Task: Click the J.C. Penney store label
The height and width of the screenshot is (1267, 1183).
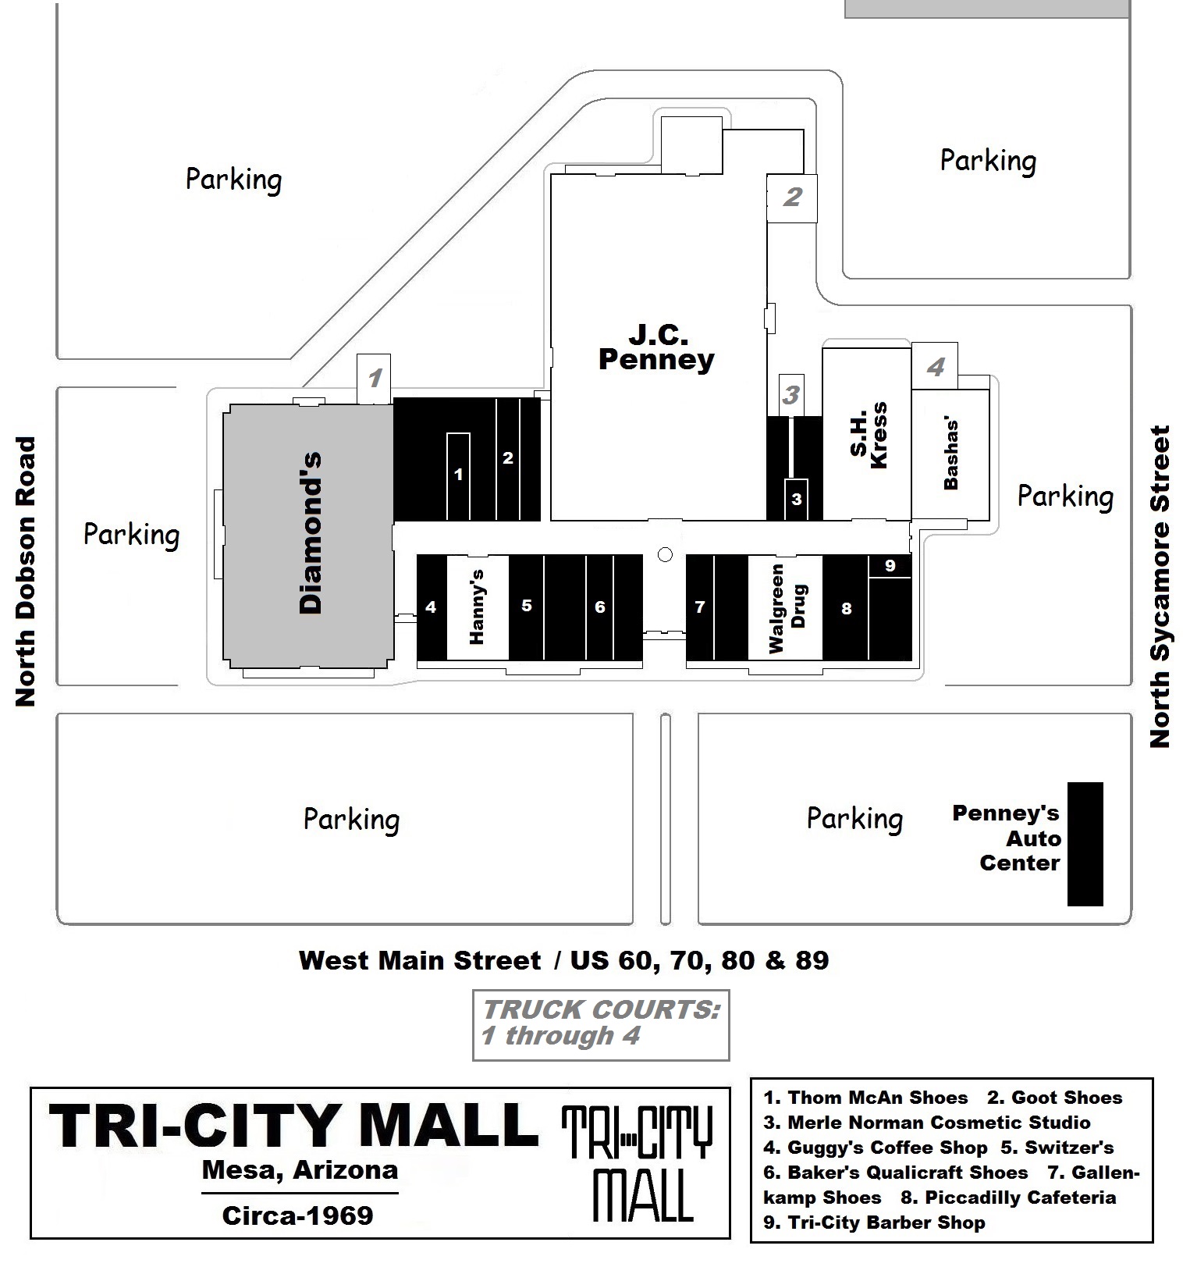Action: pyautogui.click(x=655, y=348)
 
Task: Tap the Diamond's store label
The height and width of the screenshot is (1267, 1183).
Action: pyautogui.click(x=311, y=533)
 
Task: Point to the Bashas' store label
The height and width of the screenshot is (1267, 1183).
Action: pyautogui.click(x=951, y=454)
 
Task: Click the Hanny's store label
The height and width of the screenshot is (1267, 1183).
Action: pyautogui.click(x=477, y=607)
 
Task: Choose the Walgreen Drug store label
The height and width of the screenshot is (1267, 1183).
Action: pyautogui.click(x=787, y=608)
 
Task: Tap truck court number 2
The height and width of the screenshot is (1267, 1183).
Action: pyautogui.click(x=792, y=197)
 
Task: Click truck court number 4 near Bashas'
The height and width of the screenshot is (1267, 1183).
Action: pyautogui.click(x=935, y=366)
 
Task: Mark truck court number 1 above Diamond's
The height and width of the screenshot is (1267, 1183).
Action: pyautogui.click(x=375, y=379)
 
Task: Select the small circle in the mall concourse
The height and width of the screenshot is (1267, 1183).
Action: pyautogui.click(x=665, y=554)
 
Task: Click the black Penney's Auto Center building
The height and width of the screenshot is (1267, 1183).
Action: pyautogui.click(x=1085, y=844)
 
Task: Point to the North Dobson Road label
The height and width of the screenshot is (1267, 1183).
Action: pyautogui.click(x=27, y=571)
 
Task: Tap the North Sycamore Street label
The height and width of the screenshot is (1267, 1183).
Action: pyautogui.click(x=1161, y=586)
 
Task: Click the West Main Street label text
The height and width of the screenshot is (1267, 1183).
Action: pyautogui.click(x=420, y=960)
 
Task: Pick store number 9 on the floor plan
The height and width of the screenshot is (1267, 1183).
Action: pyautogui.click(x=890, y=565)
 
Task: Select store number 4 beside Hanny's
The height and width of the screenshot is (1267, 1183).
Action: pyautogui.click(x=431, y=607)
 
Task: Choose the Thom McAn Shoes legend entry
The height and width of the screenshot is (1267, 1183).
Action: pyautogui.click(x=865, y=1098)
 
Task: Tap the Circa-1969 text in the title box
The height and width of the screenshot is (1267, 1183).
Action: pyautogui.click(x=298, y=1215)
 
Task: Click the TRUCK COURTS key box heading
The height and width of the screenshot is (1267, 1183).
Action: pyautogui.click(x=600, y=1009)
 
